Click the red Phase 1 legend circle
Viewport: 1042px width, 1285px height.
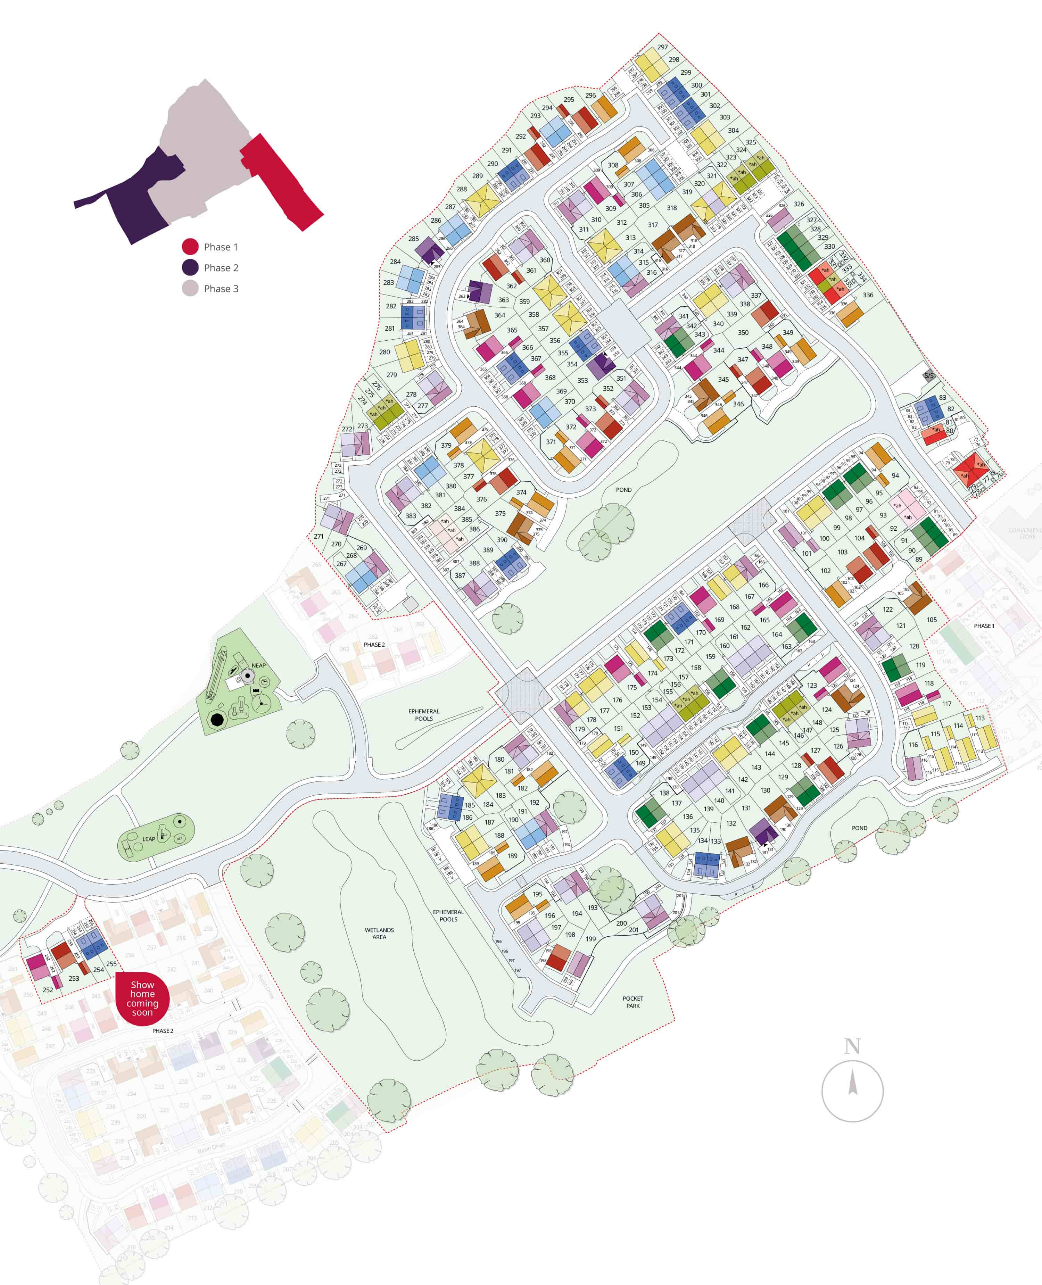point(190,247)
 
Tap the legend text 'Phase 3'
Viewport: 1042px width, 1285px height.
point(221,289)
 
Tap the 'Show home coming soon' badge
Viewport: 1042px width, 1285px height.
point(142,998)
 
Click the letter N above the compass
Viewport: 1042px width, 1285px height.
point(852,1046)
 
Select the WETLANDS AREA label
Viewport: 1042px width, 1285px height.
point(379,933)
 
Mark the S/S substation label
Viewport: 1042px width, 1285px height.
point(928,376)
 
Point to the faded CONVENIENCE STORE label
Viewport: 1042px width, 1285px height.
point(1025,533)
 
